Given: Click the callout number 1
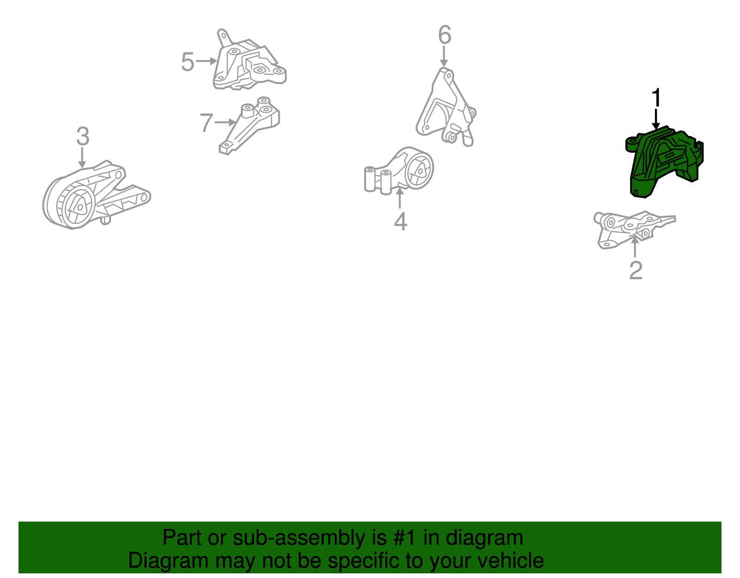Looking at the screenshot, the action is coord(656,97).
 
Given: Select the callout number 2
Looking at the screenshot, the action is coord(636,270).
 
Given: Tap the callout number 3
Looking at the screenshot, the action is coord(83,136).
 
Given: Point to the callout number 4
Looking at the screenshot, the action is coord(401,221).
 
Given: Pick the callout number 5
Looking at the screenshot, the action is coord(188,62).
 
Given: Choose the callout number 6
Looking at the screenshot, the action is coord(445,35).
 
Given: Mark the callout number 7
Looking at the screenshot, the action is coord(206,123).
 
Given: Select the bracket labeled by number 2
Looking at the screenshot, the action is coord(634,230).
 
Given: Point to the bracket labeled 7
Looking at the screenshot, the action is coord(249,125).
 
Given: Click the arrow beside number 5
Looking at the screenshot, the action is coord(207,61).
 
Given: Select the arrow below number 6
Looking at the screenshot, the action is coord(444,56).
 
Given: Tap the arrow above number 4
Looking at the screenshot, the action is coord(400,198).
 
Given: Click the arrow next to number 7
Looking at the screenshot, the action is coord(225,122).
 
